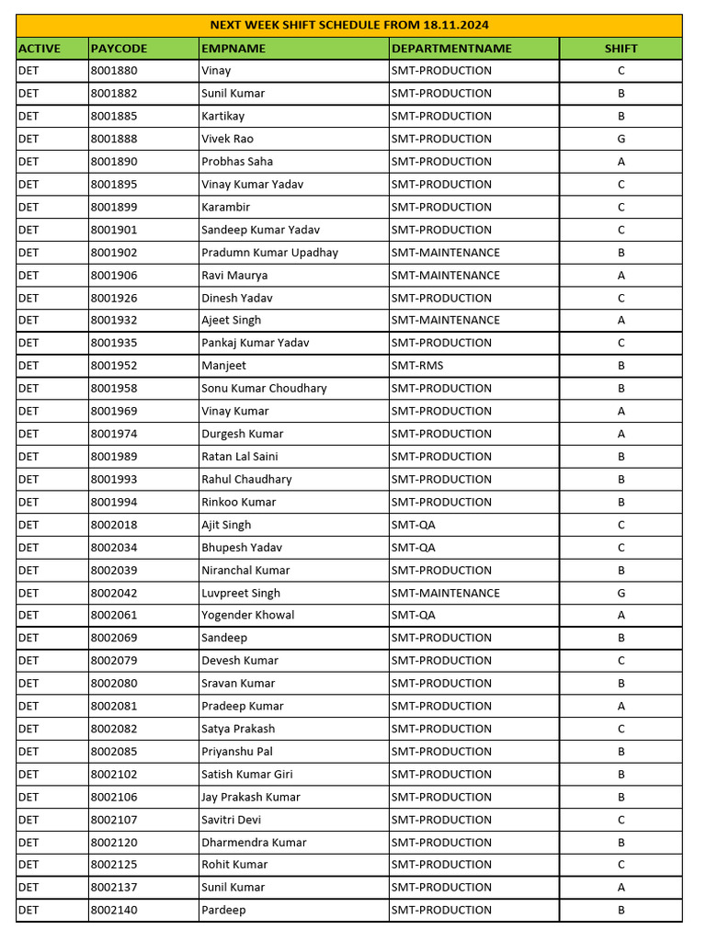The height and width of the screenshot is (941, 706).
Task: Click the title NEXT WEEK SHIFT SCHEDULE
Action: [x=349, y=25]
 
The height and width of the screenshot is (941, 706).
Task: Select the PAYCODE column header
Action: [x=119, y=49]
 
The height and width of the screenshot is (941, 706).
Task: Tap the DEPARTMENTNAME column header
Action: [x=451, y=49]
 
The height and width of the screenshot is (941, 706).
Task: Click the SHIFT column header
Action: [x=621, y=49]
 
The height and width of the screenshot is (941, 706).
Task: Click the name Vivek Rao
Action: [x=227, y=139]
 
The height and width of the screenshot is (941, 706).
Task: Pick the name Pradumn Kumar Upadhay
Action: [x=269, y=253]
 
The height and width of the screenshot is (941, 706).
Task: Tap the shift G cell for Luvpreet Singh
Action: [x=621, y=593]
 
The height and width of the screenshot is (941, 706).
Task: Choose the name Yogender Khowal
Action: [x=247, y=615]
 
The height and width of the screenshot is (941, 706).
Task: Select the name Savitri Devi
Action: [x=231, y=820]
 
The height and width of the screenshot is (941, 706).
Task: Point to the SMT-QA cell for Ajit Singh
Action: [x=413, y=525]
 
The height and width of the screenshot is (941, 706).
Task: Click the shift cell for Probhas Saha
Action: [x=621, y=162]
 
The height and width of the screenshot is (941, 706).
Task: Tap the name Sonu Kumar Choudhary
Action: [x=264, y=388]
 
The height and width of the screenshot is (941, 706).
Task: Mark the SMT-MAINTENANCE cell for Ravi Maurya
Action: [x=445, y=275]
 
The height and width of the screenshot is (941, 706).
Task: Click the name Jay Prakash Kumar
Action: [x=250, y=797]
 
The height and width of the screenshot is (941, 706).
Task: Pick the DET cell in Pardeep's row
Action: [x=28, y=910]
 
